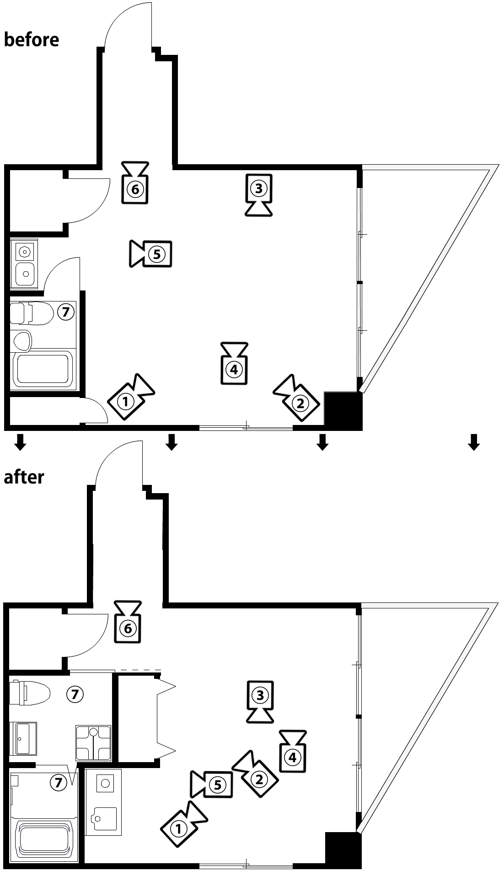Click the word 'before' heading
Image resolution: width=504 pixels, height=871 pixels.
click(x=31, y=39)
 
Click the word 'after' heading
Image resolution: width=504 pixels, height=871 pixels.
click(x=24, y=477)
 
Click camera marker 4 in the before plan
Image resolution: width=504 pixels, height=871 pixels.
click(x=234, y=369)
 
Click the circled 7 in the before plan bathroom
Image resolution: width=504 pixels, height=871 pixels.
click(x=65, y=312)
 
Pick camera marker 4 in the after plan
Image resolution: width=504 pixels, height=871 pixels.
click(x=293, y=757)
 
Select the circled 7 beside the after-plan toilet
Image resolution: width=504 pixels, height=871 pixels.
click(x=75, y=694)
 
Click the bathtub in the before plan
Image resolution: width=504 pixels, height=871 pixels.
click(x=43, y=369)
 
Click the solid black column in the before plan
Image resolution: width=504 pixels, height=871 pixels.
click(x=343, y=410)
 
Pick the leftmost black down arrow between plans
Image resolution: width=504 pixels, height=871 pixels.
click(x=20, y=442)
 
